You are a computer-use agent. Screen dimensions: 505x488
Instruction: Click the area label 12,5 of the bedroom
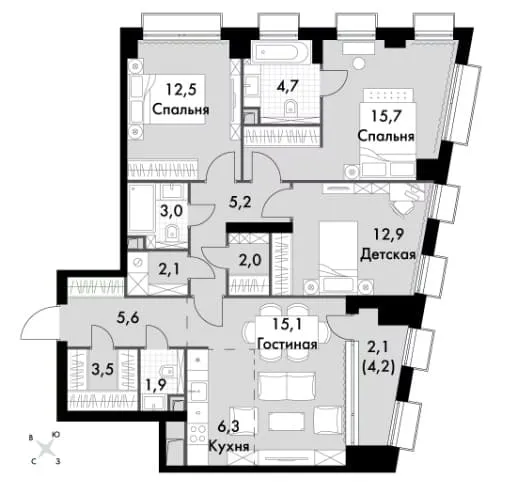[x=180, y=90]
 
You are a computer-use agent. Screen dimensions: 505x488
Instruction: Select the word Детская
[x=388, y=255]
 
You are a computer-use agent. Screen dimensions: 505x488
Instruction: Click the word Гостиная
[x=287, y=344]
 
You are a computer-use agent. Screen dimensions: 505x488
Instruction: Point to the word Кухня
[x=229, y=446]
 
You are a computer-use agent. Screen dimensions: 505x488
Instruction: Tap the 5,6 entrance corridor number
[x=128, y=319]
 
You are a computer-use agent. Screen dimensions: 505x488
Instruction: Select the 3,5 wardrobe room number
[x=99, y=369]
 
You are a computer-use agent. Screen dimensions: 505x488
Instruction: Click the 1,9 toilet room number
[x=155, y=386]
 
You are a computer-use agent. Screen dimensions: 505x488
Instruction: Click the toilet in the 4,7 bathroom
[x=291, y=107]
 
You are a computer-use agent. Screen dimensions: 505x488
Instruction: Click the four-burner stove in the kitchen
[x=197, y=433]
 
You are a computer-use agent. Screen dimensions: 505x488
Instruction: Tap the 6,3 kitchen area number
[x=229, y=427]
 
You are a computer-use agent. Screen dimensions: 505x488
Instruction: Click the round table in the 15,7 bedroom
[x=359, y=63]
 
